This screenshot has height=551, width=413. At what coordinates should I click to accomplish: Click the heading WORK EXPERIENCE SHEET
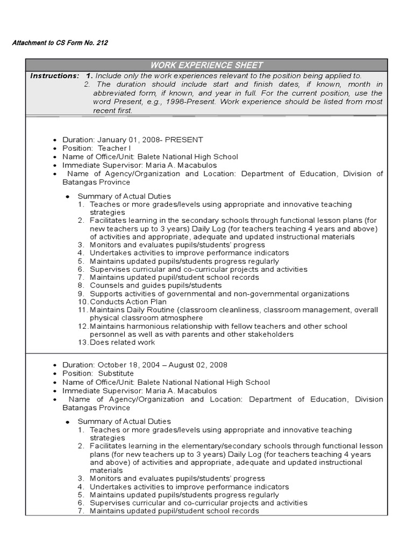[206, 65]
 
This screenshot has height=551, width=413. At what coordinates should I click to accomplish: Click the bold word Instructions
[54, 76]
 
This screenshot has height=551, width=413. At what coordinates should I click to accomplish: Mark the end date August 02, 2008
[198, 365]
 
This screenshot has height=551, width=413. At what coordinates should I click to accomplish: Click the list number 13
[82, 342]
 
